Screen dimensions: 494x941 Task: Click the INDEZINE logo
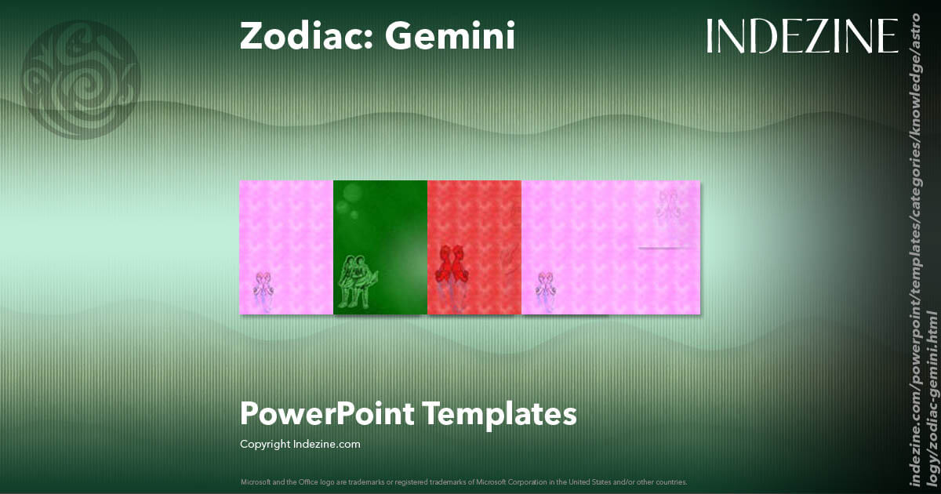pos(801,36)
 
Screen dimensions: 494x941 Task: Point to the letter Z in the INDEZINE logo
pos(818,36)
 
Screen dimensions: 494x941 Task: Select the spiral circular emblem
pos(81,79)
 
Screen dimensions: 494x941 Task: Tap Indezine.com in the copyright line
pos(326,445)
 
